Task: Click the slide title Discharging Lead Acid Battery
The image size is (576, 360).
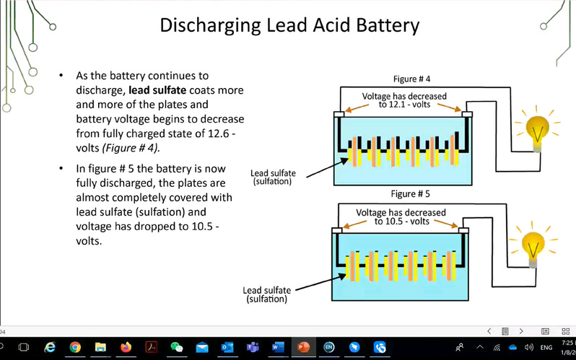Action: (289, 27)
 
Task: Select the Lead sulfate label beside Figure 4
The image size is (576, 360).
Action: (271, 177)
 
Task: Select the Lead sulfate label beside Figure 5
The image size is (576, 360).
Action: (267, 294)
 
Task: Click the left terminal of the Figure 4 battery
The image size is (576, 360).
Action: (339, 114)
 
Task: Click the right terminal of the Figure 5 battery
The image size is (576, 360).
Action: (464, 231)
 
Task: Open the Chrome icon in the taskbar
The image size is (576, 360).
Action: (75, 347)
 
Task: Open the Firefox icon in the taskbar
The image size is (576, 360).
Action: (126, 347)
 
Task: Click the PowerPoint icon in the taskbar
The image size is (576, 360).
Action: (302, 347)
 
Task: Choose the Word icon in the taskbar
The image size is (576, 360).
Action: (277, 347)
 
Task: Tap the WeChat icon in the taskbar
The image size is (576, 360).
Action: (177, 347)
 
